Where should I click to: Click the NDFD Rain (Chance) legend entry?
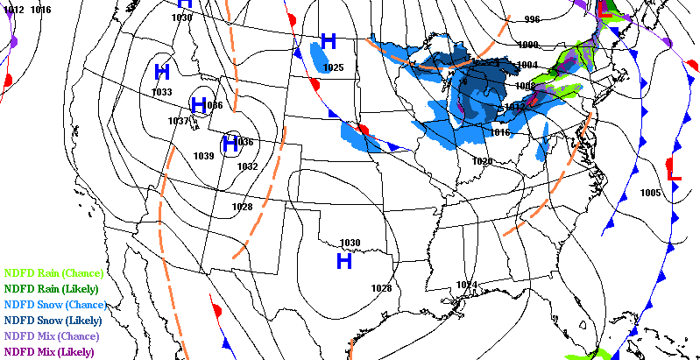53,273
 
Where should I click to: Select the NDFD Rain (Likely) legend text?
51,289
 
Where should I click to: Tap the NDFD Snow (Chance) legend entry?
54,305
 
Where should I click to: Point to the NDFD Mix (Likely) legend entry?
49,352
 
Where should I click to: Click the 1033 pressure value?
162,92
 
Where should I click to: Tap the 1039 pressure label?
203,156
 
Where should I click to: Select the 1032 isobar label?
248,166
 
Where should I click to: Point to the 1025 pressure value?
333,67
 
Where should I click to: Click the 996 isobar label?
532,19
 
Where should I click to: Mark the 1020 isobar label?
482,161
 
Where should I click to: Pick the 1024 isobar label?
466,285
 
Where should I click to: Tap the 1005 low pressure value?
650,193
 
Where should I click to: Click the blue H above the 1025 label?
329,41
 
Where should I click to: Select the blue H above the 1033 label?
162,72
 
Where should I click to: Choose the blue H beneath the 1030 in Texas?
344,260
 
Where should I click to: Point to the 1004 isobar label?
527,65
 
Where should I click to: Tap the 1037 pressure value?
179,121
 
